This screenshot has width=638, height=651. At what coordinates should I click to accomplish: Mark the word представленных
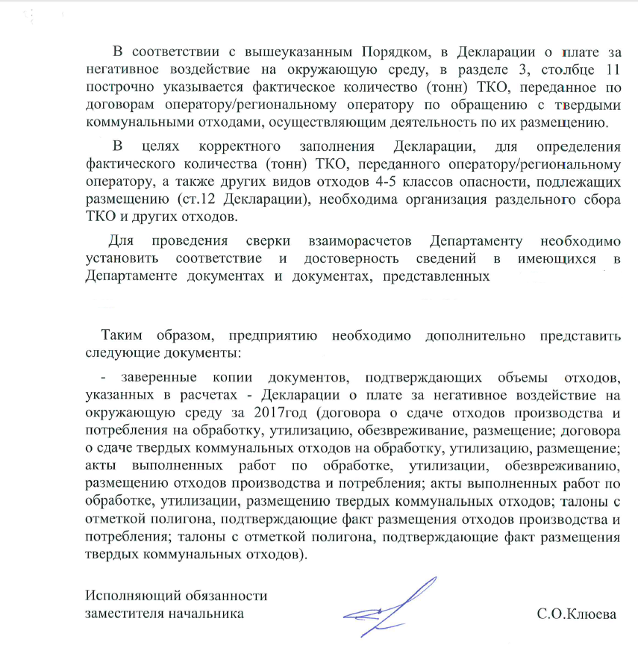pos(436,277)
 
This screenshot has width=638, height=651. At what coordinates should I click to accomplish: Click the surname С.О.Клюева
pos(577,614)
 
